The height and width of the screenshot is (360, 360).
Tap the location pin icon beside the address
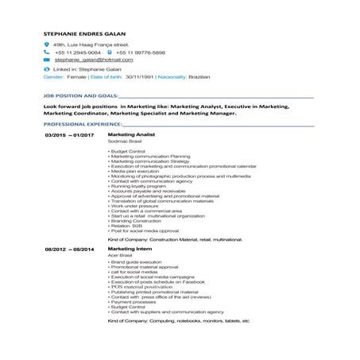47,45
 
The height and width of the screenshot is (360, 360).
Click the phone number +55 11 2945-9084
78,52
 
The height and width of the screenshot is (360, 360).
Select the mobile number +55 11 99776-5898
145,52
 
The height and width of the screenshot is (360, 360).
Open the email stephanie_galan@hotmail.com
94,60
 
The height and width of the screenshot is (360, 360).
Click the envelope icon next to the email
47,60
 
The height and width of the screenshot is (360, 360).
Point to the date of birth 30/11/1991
141,77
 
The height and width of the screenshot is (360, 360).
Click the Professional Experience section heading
83,125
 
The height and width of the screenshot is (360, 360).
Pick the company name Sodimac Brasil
125,141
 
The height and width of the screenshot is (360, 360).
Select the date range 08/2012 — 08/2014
69,249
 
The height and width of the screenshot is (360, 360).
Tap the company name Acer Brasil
121,254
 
